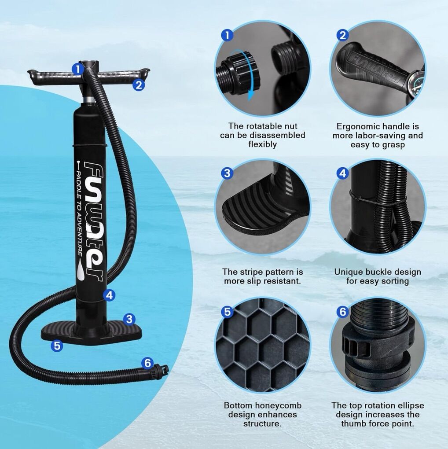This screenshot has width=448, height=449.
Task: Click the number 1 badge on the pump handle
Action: point(77,69)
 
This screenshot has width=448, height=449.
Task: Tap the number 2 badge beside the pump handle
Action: point(139,85)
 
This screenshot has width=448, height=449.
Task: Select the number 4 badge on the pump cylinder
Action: point(109,295)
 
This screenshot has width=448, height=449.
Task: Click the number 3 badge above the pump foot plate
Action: point(129,319)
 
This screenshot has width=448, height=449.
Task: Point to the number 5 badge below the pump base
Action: point(57,346)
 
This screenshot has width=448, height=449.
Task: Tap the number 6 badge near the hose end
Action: point(147,363)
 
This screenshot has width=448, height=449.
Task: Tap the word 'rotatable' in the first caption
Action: point(262,126)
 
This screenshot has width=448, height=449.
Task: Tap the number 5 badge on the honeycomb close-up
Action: point(227,312)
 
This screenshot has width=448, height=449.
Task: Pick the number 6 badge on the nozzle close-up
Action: point(343,312)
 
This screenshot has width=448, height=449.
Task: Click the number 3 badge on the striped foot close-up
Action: point(227,173)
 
